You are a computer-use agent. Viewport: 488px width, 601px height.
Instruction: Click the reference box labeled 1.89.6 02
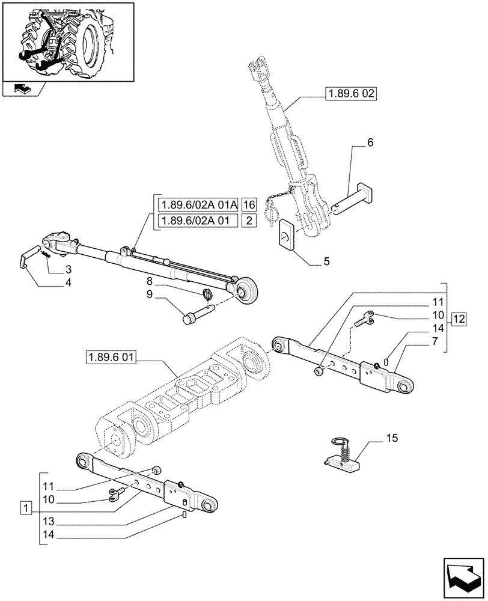click(350, 94)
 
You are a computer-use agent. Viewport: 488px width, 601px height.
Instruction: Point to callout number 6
click(370, 142)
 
